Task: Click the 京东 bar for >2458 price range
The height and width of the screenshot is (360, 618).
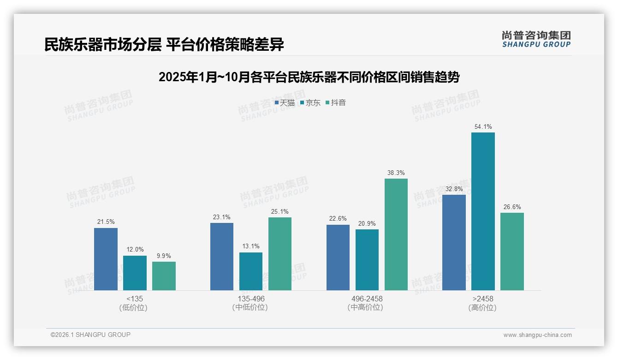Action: (483, 211)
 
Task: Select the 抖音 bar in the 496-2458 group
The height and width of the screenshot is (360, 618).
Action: (396, 234)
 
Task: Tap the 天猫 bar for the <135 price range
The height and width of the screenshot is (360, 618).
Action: (106, 259)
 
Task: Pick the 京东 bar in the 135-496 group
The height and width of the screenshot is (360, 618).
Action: (251, 271)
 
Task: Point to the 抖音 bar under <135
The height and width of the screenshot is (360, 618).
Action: (164, 276)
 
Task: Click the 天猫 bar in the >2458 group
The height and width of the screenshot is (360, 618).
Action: (454, 242)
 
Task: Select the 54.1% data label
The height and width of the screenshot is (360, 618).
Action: (483, 126)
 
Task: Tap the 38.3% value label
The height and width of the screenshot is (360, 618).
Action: (396, 173)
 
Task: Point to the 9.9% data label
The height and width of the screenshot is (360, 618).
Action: (164, 256)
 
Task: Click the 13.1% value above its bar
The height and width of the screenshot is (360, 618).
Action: (251, 246)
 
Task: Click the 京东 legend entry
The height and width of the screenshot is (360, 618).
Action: (310, 102)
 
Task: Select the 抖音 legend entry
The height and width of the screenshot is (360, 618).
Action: (336, 102)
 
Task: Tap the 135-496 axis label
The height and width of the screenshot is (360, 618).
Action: (250, 299)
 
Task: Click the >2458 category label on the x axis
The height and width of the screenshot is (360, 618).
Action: (483, 299)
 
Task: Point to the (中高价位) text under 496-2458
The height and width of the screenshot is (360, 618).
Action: (367, 307)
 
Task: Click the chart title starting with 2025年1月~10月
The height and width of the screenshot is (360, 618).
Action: (309, 77)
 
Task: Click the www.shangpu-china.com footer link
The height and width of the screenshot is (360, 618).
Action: (537, 335)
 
